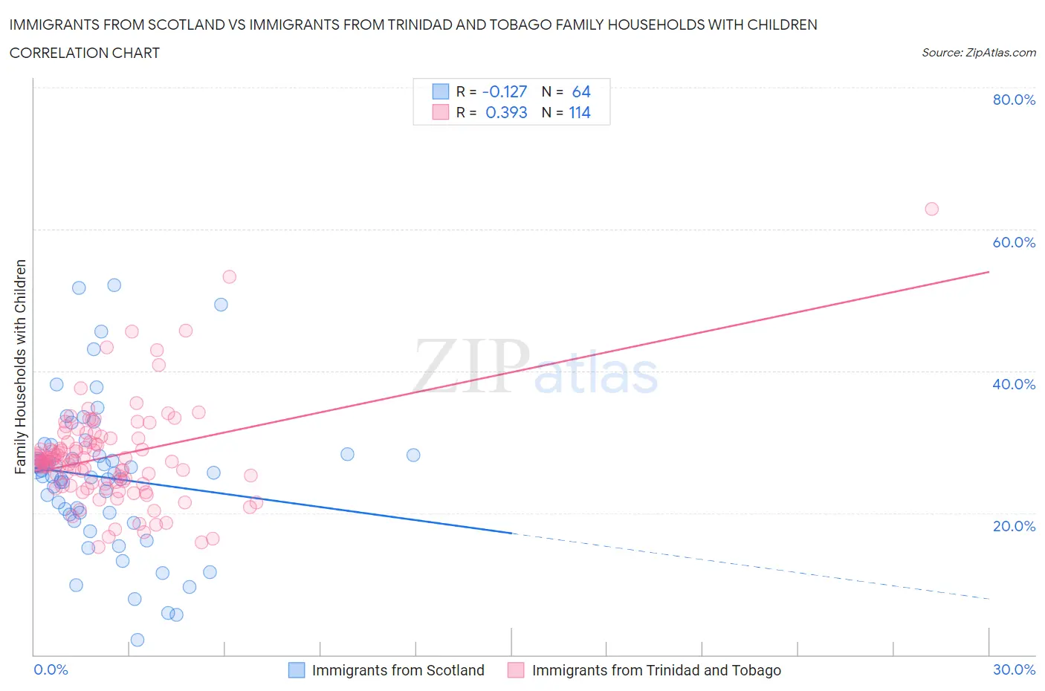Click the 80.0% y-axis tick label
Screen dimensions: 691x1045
click(x=1014, y=100)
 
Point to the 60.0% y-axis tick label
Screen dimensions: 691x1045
click(x=1014, y=242)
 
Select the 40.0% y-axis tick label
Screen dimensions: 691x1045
click(x=1014, y=384)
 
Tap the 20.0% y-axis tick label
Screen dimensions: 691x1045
click(x=1014, y=526)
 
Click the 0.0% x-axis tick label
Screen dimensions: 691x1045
click(x=51, y=669)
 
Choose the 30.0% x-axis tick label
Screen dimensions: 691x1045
click(x=1014, y=669)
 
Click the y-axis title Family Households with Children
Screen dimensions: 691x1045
click(x=20, y=366)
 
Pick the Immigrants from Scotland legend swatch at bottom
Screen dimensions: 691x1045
click(x=297, y=670)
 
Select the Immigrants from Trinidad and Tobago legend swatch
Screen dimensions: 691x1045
click(x=516, y=670)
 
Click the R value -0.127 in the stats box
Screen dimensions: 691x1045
click(x=504, y=91)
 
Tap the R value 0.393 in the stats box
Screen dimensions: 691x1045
click(x=505, y=112)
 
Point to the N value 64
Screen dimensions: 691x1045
click(x=581, y=91)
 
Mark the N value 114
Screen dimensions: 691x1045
click(x=580, y=112)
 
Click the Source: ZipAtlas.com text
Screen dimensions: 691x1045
click(x=978, y=53)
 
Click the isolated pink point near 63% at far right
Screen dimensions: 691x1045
click(x=931, y=209)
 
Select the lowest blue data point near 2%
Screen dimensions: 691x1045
click(x=137, y=640)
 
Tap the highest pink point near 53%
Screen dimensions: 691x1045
click(x=230, y=276)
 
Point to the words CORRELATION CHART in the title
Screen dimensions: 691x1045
click(x=85, y=53)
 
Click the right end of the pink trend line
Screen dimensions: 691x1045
click(x=989, y=272)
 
